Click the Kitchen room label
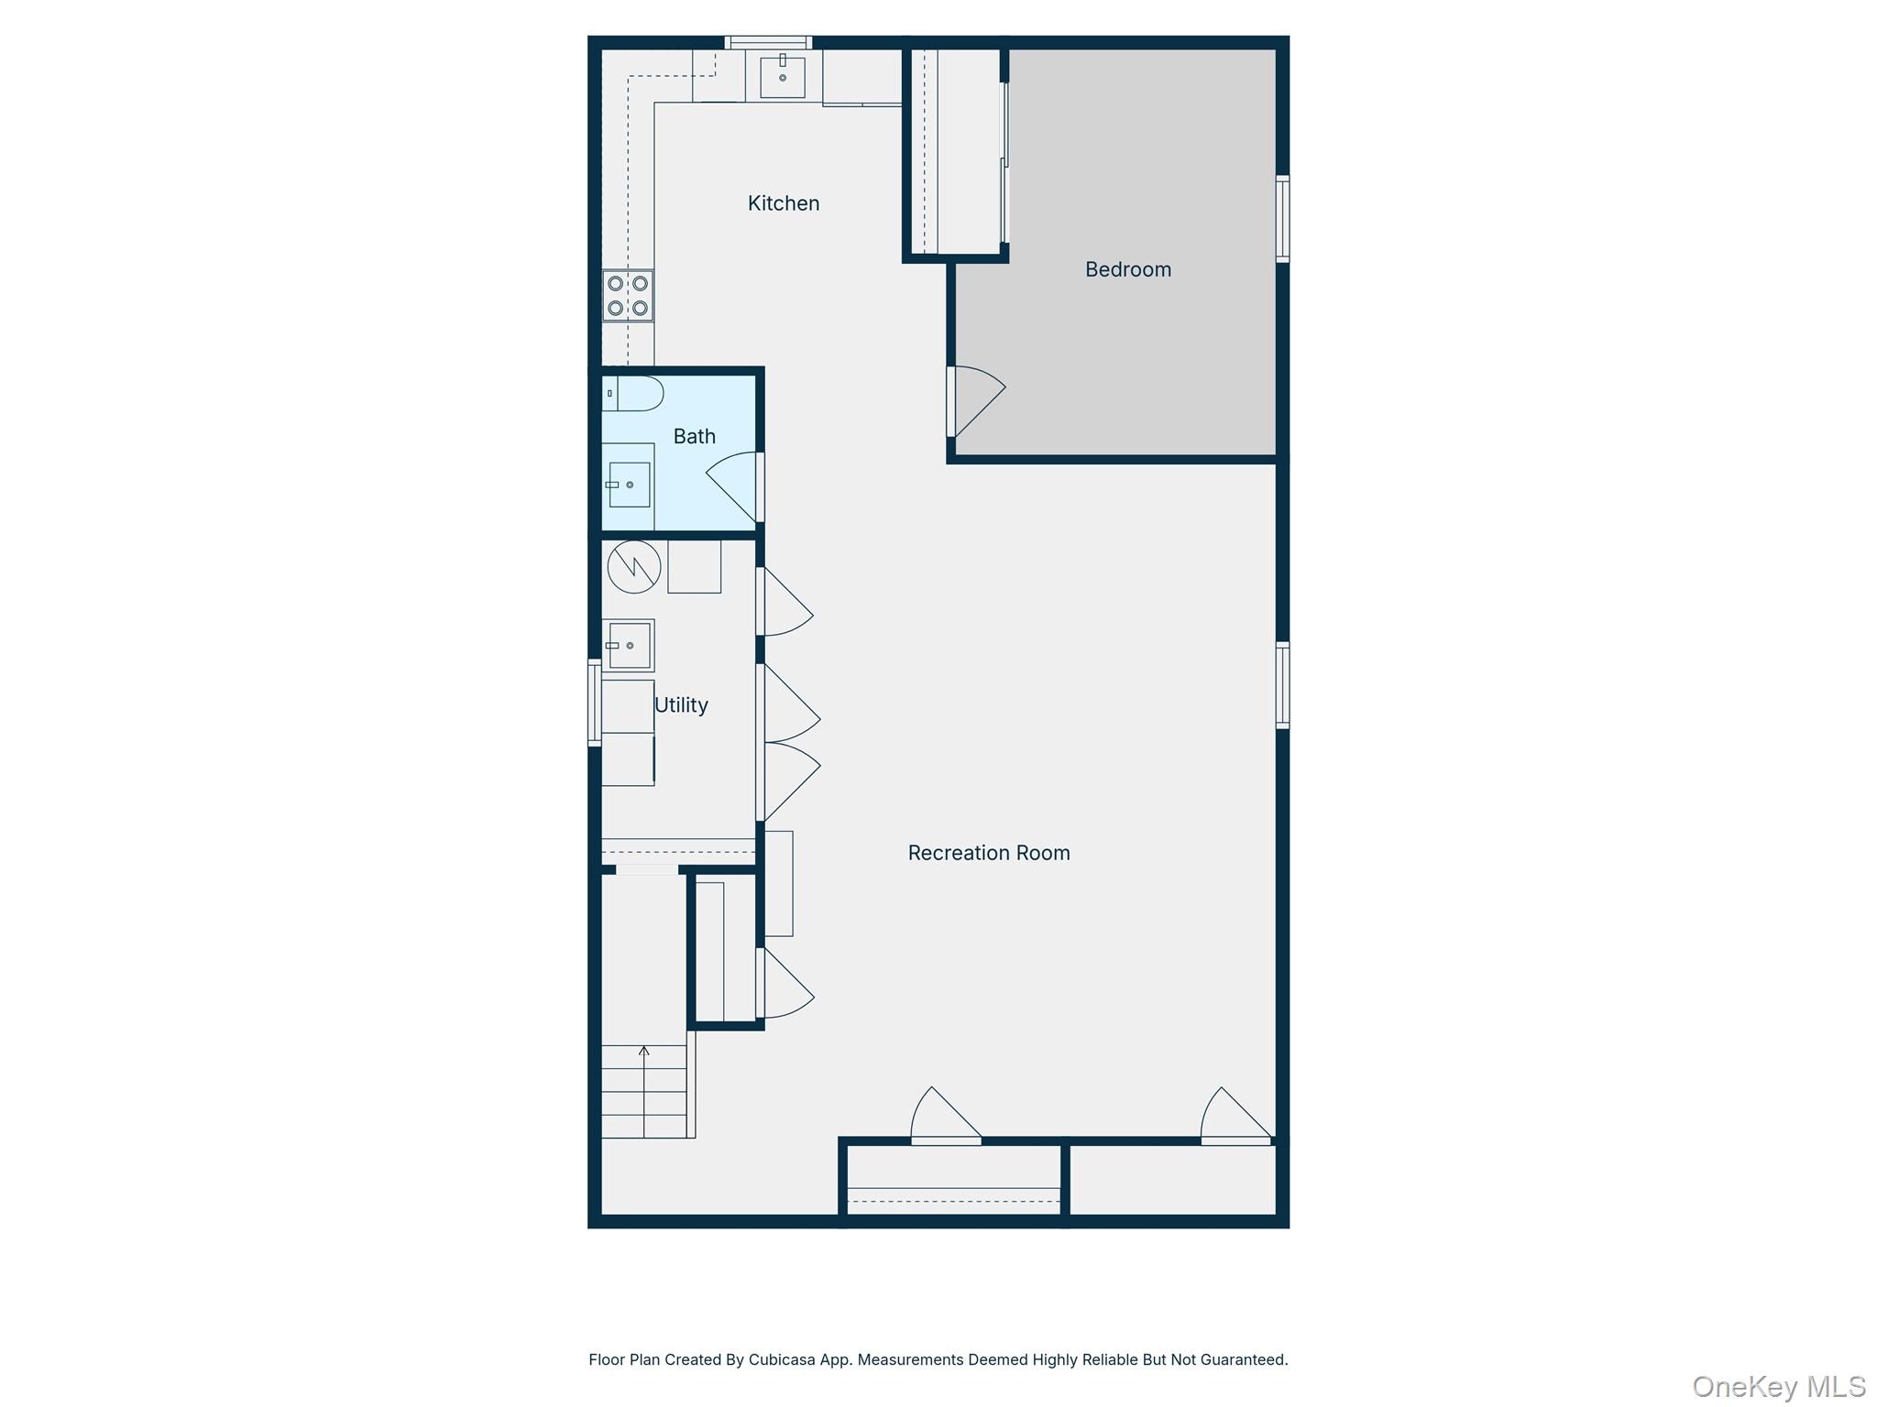tap(783, 203)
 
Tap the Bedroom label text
tap(1127, 269)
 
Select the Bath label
tap(694, 436)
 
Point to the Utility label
tap(681, 704)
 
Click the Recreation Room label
tap(988, 853)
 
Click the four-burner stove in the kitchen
tap(628, 296)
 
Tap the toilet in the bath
tap(633, 393)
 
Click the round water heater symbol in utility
tap(633, 566)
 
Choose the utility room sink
tap(628, 646)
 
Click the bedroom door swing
tap(977, 400)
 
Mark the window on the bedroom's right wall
tap(1282, 219)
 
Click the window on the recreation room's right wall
tap(1282, 685)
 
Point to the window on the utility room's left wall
tap(594, 703)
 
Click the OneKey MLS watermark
tap(1778, 1386)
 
